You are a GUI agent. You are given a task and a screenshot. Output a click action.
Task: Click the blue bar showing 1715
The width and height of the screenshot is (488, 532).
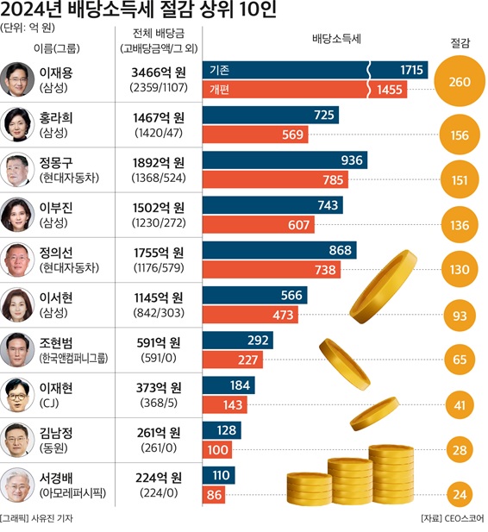click(x=315, y=69)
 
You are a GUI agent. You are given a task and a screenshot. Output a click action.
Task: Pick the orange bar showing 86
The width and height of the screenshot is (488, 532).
click(x=214, y=495)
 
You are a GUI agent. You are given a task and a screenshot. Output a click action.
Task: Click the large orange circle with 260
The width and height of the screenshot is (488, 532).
click(x=460, y=81)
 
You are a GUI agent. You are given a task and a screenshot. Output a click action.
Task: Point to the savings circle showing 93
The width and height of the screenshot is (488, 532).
click(x=460, y=316)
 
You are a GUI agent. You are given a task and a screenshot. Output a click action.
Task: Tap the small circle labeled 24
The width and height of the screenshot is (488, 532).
click(x=460, y=495)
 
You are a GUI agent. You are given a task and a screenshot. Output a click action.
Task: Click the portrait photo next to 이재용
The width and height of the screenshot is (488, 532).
click(x=17, y=78)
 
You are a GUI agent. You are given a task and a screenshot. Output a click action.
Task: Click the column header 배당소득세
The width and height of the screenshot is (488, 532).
click(x=337, y=41)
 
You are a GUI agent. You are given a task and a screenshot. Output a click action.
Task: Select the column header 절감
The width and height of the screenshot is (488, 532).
click(x=460, y=42)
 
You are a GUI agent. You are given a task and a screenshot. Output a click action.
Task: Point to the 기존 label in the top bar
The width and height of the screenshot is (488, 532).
click(x=220, y=69)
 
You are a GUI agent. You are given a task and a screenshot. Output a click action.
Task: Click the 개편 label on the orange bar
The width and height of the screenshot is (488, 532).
click(x=220, y=89)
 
